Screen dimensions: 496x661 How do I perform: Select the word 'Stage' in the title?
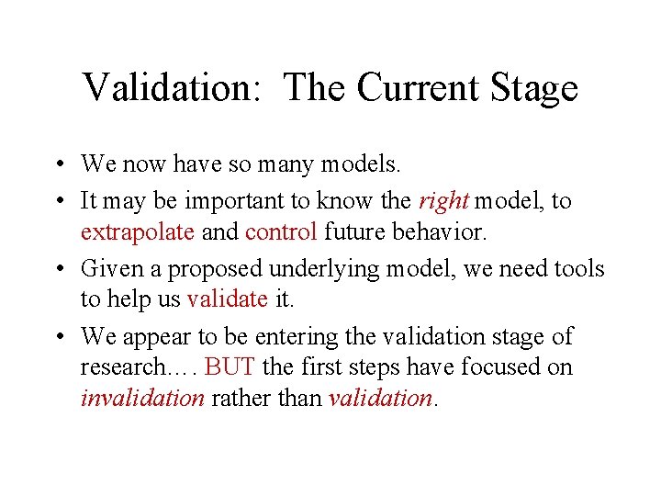533,88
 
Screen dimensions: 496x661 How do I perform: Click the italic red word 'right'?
443,201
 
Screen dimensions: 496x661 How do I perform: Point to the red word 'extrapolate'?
138,231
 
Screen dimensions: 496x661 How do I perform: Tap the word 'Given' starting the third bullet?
107,268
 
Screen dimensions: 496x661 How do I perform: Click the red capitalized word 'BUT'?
230,366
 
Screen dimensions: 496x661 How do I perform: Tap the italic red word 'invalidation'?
142,398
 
